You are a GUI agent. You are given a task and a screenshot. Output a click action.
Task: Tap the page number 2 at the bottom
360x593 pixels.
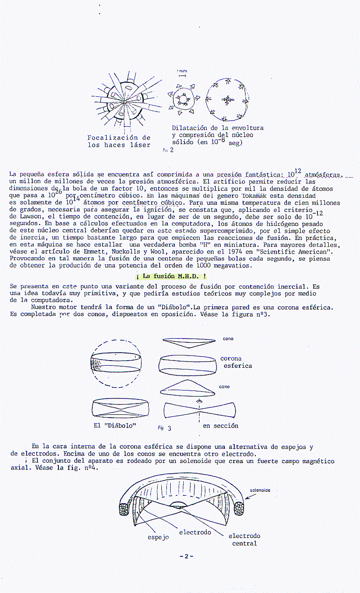[x=186, y=557]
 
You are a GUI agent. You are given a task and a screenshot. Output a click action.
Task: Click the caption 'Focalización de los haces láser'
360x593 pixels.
[x=119, y=141]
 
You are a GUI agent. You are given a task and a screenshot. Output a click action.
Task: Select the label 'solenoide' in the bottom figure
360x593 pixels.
[x=260, y=490]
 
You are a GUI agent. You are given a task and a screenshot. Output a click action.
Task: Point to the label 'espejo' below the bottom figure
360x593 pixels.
[x=158, y=537]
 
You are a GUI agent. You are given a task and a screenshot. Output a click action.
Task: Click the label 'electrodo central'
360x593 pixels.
[x=244, y=540]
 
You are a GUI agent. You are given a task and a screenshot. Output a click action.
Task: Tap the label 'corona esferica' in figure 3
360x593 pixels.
[x=236, y=362]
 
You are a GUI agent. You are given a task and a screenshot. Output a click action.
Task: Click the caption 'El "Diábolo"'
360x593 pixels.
[x=115, y=426]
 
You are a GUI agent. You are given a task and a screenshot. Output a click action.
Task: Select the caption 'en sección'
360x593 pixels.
[x=220, y=426]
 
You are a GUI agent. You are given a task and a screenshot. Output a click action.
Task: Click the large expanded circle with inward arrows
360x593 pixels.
[x=227, y=99]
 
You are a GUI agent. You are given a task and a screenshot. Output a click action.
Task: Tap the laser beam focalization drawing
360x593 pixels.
[x=125, y=100]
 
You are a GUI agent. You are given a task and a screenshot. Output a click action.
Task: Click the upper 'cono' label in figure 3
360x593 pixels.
[x=228, y=338]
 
